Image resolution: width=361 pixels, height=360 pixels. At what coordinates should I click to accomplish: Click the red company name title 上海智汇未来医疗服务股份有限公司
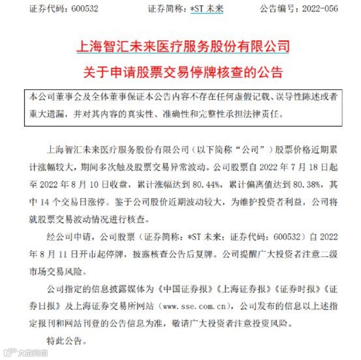[183, 47]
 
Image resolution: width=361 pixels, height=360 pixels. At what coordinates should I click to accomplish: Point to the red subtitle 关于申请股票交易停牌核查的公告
[183, 71]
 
